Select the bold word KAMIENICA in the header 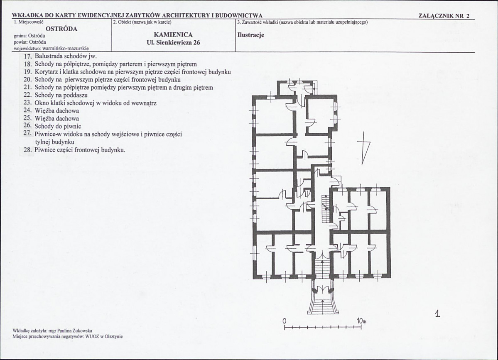point(173,35)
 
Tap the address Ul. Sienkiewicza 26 point(173,42)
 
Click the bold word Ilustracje point(251,35)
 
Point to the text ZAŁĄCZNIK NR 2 point(444,16)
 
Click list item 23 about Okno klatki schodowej point(90,103)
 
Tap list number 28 point(27,150)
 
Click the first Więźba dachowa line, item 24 point(52,111)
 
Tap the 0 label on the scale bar point(285,321)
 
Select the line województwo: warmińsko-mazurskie point(51,49)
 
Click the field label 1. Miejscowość point(29,22)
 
